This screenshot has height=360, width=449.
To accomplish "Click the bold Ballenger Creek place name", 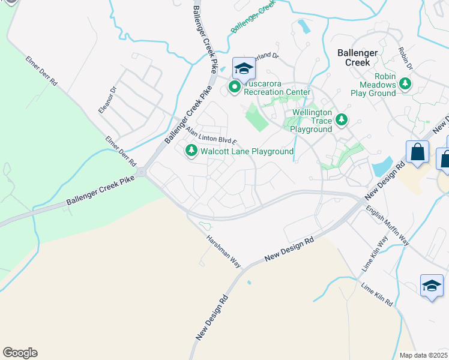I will tap(357, 58).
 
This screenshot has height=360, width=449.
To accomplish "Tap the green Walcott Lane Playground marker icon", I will tap(191, 151).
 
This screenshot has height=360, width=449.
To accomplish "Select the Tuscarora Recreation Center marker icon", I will tap(234, 89).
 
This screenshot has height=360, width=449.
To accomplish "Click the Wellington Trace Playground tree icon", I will tap(342, 120).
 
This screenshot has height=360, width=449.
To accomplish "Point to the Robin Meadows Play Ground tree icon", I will tap(406, 85).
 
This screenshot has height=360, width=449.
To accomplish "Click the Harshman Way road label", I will tap(223, 250).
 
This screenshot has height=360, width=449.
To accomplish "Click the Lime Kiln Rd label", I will tap(377, 294).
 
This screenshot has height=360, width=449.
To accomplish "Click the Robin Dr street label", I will tap(406, 58).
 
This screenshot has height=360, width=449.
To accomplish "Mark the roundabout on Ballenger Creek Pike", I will tap(141, 173).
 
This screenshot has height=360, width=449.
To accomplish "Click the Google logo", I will tap(20, 353).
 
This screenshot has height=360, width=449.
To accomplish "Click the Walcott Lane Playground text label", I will tap(247, 152).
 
